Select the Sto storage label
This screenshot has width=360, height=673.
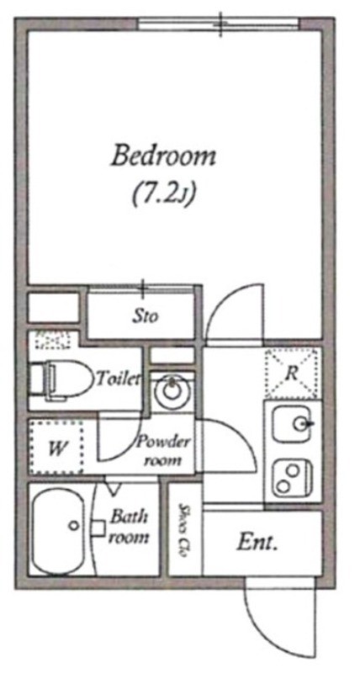(145, 317)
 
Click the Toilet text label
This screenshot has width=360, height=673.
(119, 379)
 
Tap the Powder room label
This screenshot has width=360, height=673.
(162, 452)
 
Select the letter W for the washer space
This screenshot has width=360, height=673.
(57, 449)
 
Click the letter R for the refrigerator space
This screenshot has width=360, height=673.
(291, 374)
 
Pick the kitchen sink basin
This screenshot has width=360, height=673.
(293, 424)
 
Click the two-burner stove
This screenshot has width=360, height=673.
(293, 478)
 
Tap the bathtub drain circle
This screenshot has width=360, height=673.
(74, 524)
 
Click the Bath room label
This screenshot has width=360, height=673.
(129, 527)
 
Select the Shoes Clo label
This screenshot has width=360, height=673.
(184, 530)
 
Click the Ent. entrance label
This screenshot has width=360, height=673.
(257, 543)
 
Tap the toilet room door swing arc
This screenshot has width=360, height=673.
(129, 448)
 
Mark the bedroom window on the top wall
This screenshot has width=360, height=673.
(220, 24)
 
